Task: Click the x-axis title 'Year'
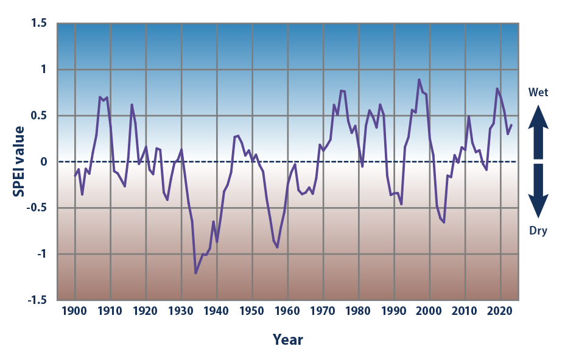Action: click(x=287, y=339)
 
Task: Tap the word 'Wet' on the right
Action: click(x=538, y=93)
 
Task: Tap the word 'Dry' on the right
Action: click(x=538, y=230)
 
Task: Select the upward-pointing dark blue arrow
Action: click(x=538, y=124)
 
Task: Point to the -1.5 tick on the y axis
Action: click(x=38, y=300)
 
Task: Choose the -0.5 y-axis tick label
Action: click(x=38, y=208)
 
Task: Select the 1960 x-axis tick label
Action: click(x=288, y=311)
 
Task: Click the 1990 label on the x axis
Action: click(x=395, y=311)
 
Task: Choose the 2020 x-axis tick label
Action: click(x=501, y=311)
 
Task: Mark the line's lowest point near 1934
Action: click(x=195, y=273)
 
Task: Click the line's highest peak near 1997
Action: click(x=419, y=79)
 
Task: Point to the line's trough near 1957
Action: click(x=278, y=247)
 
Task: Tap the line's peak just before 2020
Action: click(x=497, y=89)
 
